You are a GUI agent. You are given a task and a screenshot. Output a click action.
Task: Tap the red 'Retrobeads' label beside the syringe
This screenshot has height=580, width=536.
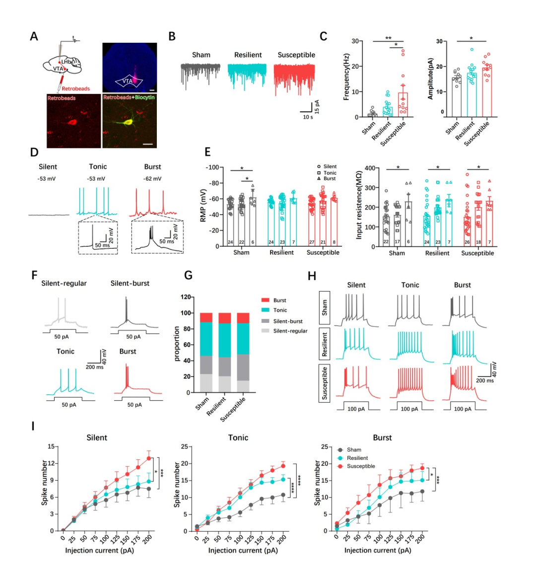click(x=75, y=88)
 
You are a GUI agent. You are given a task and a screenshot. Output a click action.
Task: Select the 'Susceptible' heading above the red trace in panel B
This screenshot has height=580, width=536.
click(x=296, y=55)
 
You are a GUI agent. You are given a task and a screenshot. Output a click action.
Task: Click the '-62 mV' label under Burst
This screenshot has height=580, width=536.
click(x=152, y=178)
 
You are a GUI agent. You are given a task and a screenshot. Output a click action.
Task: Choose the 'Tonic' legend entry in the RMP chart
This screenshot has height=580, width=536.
click(x=330, y=172)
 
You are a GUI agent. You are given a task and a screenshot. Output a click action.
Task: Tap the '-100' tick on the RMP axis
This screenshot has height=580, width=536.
click(x=211, y=167)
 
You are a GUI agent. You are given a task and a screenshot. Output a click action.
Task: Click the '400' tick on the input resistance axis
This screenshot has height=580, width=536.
click(x=368, y=168)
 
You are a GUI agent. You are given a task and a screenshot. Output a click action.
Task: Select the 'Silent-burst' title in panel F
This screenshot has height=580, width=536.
click(x=130, y=283)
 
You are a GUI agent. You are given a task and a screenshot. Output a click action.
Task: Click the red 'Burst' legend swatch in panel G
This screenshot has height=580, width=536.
click(x=265, y=300)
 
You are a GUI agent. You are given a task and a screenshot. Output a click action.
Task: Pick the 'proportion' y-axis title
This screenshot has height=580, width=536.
click(x=177, y=344)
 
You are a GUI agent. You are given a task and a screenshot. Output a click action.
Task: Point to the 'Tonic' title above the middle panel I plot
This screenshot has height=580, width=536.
click(x=238, y=437)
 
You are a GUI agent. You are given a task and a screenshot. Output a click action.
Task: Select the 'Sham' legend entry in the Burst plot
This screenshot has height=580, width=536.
click(x=354, y=450)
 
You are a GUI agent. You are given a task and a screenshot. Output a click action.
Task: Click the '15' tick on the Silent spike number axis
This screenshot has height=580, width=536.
click(x=51, y=446)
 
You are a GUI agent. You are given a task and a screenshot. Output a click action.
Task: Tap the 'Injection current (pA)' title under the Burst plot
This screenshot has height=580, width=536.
click(x=378, y=550)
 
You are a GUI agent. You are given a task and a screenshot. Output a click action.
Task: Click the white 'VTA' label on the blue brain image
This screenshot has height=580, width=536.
click(x=127, y=81)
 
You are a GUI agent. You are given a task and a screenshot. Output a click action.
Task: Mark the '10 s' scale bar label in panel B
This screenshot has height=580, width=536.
click(x=308, y=117)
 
